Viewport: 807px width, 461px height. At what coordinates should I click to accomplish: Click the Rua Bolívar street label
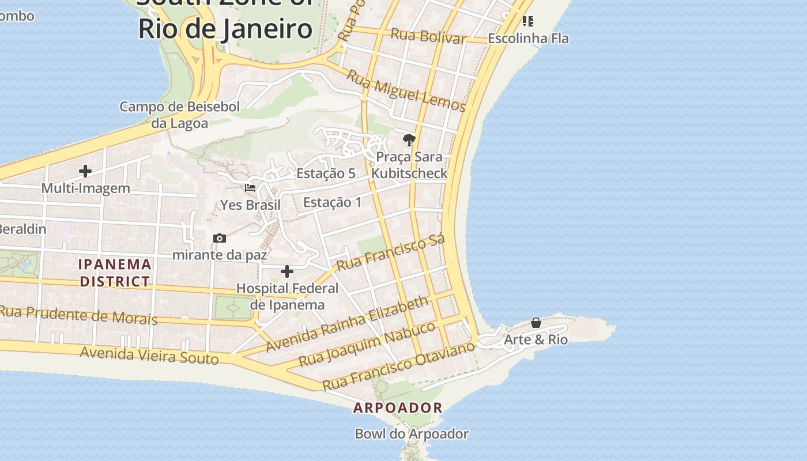pos(428,36)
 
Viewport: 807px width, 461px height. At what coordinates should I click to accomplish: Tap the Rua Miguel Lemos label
pos(406,90)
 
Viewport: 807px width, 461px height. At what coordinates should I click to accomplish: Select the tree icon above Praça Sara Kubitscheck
pos(409,139)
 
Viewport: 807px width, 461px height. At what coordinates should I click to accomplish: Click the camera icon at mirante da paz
pos(219,238)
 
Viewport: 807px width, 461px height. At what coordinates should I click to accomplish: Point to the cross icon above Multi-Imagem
pos(85,171)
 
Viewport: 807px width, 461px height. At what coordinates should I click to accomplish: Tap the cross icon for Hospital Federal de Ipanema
pos(287,271)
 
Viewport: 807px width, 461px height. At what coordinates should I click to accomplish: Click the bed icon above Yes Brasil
pos(250,188)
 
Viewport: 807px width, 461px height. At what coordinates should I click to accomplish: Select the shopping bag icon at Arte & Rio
pos(536,323)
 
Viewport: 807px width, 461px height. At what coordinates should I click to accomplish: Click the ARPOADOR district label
pos(398,408)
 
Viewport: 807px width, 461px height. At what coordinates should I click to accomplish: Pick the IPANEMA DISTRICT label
pos(115,273)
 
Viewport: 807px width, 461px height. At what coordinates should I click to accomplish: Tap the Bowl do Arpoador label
pos(412,434)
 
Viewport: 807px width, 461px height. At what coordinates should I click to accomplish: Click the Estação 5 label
pos(326,173)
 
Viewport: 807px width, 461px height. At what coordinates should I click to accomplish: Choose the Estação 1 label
pos(333,202)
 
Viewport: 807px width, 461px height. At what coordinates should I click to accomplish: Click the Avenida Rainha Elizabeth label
pos(348,324)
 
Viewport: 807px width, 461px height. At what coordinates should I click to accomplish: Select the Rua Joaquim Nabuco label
pos(368,345)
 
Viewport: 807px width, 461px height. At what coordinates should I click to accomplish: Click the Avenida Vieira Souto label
pos(149,354)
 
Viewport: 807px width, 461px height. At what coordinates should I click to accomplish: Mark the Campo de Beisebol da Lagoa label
pos(179,115)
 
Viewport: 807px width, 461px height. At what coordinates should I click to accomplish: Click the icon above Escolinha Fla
pos(527,21)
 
